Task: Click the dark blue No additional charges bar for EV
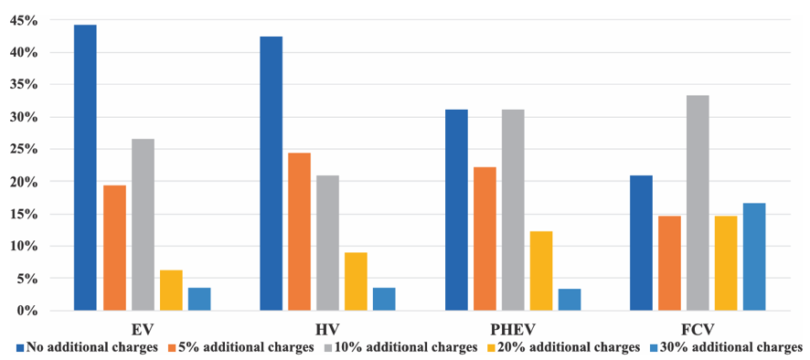pyautogui.click(x=85, y=168)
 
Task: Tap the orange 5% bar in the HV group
pyautogui.click(x=300, y=232)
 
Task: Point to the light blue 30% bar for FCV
pyautogui.click(x=754, y=258)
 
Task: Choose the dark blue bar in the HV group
pyautogui.click(x=272, y=174)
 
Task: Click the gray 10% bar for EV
pyautogui.click(x=143, y=225)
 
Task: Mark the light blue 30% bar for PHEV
pyautogui.click(x=570, y=300)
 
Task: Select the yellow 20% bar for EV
pyautogui.click(x=171, y=291)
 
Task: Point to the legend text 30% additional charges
pyautogui.click(x=734, y=347)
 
